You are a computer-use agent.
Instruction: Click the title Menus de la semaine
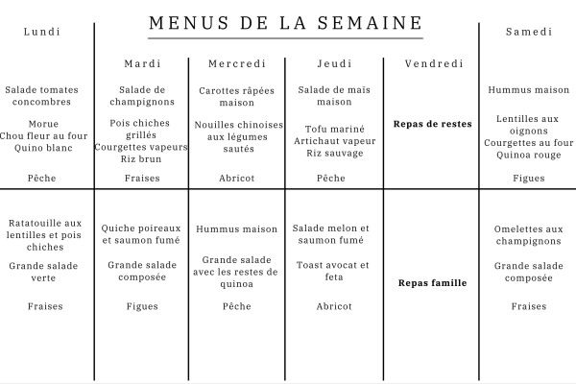tap(287, 22)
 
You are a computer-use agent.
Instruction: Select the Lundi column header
tap(42, 32)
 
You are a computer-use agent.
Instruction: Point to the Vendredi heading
tap(432, 64)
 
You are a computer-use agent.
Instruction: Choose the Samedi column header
tap(529, 32)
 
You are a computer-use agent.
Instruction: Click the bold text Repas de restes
tap(432, 124)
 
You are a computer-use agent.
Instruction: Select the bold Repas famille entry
tap(432, 283)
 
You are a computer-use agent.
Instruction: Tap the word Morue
tap(44, 124)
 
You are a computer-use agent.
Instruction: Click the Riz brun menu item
tap(142, 158)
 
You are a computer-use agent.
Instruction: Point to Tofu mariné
tap(334, 129)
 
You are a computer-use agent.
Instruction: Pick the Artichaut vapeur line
tap(334, 141)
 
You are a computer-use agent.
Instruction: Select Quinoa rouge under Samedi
tap(529, 155)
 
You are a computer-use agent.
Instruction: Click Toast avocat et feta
tap(334, 272)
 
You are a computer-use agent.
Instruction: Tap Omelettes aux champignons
tap(529, 235)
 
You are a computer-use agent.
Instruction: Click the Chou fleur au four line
tap(44, 135)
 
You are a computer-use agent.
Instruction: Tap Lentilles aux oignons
tap(529, 125)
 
